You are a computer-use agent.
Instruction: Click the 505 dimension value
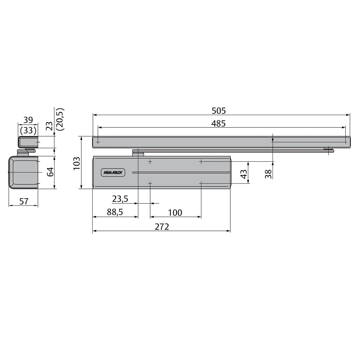coord(219,111)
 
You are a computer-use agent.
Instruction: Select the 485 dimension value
coord(219,123)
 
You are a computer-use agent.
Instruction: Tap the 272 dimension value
coord(162,227)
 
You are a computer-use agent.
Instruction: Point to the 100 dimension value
coord(175,213)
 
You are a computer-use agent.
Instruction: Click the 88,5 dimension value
coord(115,212)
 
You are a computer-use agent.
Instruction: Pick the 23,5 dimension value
coord(120,199)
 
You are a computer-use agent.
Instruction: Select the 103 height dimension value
coord(76,163)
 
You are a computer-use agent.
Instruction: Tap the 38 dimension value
coord(268,174)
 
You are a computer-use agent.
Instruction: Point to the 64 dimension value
coord(50,172)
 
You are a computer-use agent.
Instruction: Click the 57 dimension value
coord(24,201)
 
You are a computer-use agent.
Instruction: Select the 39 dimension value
coord(28,120)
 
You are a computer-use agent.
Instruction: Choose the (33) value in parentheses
coord(28,130)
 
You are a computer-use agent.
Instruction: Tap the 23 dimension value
coord(49,125)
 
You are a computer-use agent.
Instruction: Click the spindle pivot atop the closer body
coord(138,153)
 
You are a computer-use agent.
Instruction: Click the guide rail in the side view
coord(28,142)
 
